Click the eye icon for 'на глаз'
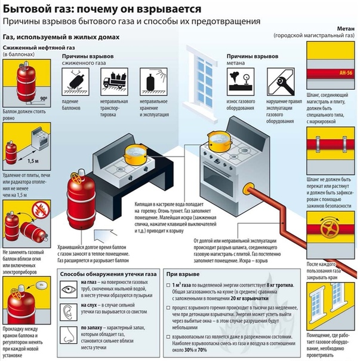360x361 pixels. click(71, 289)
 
